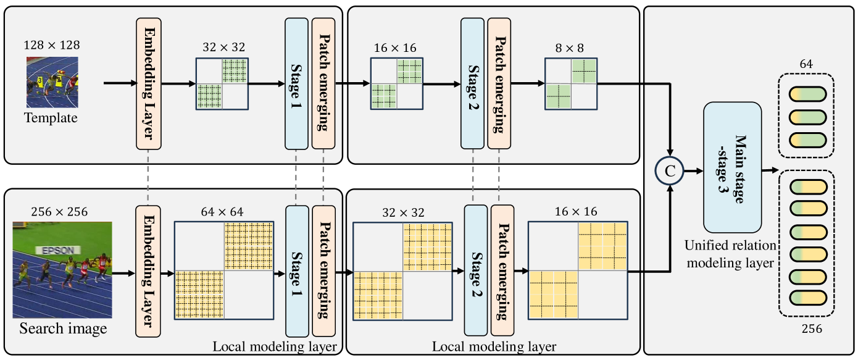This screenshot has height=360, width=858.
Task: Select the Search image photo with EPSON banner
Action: point(62,270)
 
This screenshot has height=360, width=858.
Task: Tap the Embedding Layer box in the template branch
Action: point(148,83)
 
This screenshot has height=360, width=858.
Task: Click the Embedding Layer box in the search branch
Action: point(148,270)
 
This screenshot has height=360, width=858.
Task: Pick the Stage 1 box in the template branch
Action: point(296,83)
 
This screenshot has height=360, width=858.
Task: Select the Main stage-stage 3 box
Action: point(732,167)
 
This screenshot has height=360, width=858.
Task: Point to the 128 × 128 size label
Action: point(52,45)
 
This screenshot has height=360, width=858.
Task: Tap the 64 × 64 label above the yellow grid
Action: point(223,212)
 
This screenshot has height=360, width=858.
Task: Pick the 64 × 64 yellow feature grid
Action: point(223,270)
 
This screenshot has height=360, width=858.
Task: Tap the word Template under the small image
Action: point(52,118)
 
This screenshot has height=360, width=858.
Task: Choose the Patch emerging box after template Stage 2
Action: point(498,83)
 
